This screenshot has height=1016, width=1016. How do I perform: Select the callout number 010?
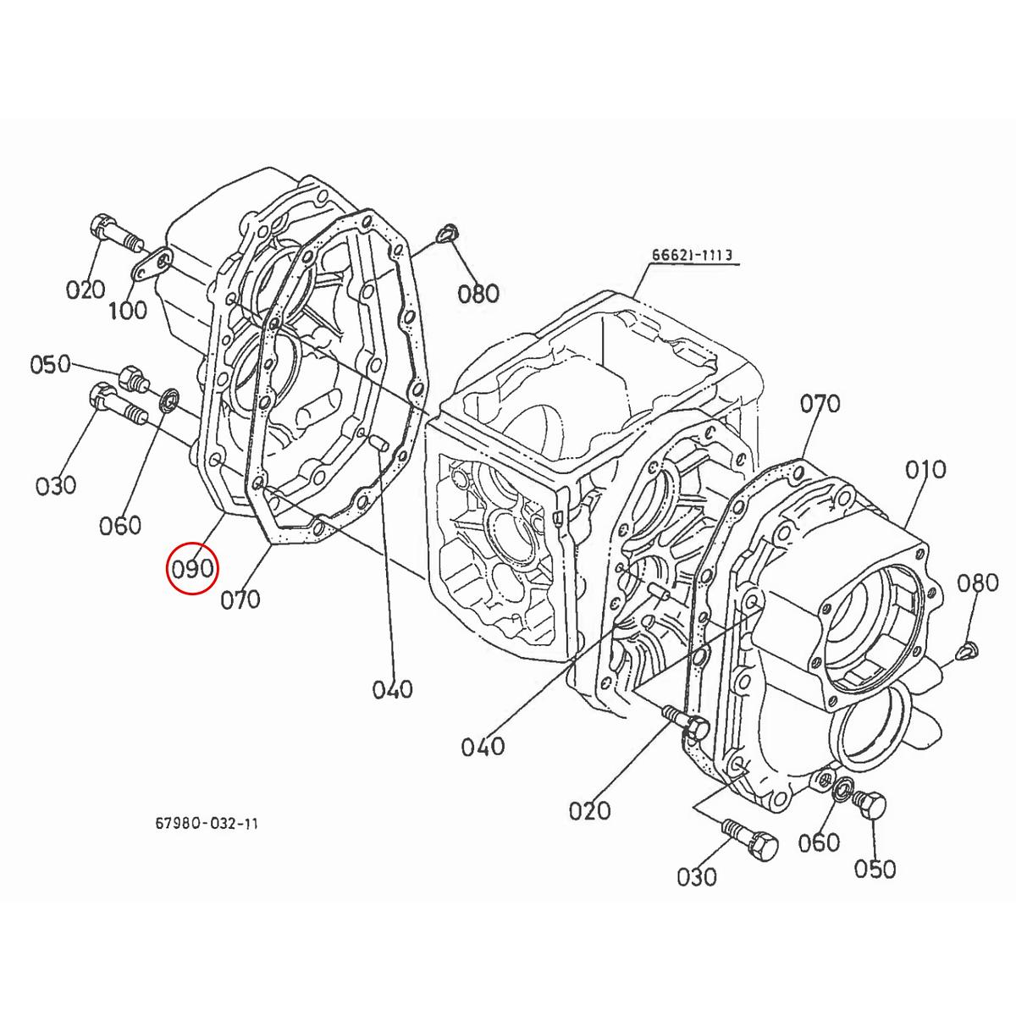[924, 470]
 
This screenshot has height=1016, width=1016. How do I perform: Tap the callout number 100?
[127, 310]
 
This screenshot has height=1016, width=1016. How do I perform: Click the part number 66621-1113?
[691, 255]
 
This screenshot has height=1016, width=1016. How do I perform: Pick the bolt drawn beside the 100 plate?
[111, 232]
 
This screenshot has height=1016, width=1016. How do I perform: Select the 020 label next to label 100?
[86, 290]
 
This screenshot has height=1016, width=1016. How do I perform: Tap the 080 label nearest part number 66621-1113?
[478, 294]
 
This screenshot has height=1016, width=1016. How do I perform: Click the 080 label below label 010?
[978, 583]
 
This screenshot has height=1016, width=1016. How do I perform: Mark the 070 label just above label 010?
[820, 404]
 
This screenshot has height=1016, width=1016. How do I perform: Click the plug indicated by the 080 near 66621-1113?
[448, 233]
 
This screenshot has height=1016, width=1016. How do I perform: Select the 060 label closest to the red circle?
[120, 526]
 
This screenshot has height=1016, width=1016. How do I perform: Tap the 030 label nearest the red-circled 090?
[56, 485]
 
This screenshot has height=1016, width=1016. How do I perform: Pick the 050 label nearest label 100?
[50, 365]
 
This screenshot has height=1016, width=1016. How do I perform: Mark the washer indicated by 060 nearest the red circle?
[168, 397]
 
